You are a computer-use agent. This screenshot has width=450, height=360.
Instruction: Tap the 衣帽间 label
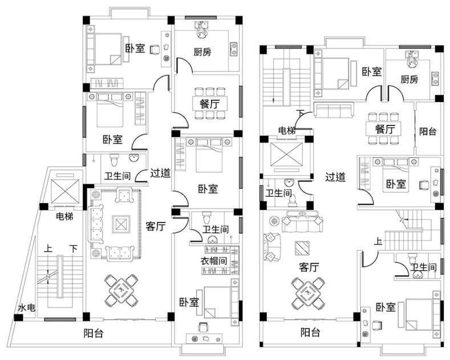coord(214,260)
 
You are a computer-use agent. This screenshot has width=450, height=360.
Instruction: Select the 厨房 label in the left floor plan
coord(202,52)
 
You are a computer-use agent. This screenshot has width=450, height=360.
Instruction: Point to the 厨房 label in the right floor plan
coord(409,79)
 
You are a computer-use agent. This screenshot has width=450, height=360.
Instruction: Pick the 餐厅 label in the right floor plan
coord(386,129)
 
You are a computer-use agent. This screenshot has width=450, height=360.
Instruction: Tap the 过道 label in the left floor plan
coord(161,173)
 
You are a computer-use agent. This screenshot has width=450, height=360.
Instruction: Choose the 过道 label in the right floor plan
coord(335,177)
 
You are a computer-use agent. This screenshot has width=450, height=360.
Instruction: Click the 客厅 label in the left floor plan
coord(155,226)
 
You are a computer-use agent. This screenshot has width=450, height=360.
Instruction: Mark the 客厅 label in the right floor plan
coord(309,266)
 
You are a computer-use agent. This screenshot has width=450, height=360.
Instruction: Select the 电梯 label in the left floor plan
coord(64,216)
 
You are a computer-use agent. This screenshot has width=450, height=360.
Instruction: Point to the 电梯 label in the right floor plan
coord(286,131)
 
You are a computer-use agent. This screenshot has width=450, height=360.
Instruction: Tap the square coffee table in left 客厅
coord(121,223)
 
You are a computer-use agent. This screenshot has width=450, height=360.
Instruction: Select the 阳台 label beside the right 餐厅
coord(428,131)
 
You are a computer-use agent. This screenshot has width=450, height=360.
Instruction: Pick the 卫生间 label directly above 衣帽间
coord(216,229)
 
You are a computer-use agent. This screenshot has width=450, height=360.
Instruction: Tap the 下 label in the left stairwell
coord(74,249)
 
